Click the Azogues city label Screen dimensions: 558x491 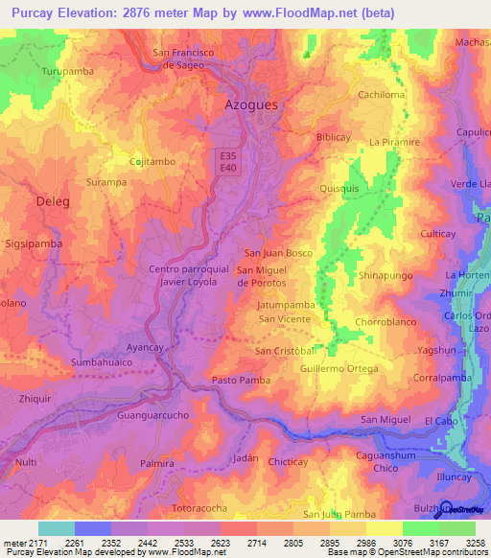point(251,104)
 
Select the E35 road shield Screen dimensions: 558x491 point(227,155)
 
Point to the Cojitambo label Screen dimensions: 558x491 point(152,162)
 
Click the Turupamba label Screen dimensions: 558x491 point(65,72)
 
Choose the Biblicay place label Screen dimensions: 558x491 point(334,137)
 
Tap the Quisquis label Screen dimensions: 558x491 point(339,189)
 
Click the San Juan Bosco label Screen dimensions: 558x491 point(279,253)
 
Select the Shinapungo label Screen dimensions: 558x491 point(385,275)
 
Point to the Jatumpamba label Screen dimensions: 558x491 point(286,305)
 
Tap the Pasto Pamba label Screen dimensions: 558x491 point(238,381)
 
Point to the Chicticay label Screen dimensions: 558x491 point(289,462)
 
